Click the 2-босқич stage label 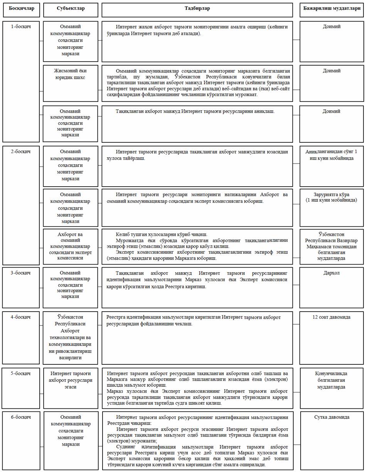point(21,151)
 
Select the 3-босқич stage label point(21,273)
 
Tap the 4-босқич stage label point(21,317)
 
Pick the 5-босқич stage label point(21,373)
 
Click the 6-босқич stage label point(21,417)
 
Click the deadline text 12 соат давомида point(331,317)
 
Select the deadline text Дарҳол point(331,273)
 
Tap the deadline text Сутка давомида point(331,417)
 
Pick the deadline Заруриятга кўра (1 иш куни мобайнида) point(331,197)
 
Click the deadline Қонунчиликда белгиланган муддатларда point(331,380)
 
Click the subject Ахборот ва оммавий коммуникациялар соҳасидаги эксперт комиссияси point(70,246)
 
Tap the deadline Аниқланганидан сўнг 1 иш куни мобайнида point(331,155)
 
